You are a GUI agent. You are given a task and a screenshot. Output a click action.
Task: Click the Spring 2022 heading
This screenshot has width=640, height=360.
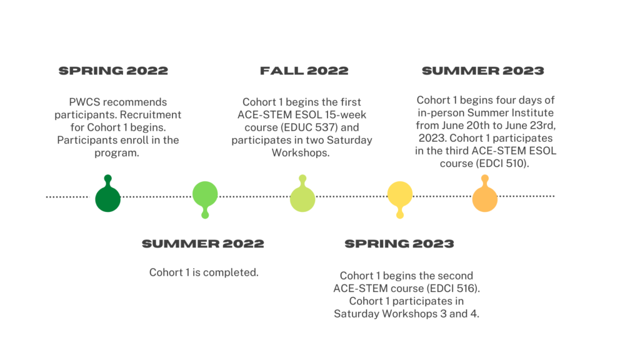click(x=113, y=71)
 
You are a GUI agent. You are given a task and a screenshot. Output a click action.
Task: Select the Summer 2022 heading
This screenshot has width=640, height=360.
click(x=203, y=244)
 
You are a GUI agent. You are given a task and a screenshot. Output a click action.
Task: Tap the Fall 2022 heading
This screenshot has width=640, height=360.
click(x=304, y=71)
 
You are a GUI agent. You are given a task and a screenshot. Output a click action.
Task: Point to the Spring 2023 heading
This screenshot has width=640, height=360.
click(x=399, y=244)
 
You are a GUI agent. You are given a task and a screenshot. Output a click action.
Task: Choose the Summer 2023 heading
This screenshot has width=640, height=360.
click(x=483, y=71)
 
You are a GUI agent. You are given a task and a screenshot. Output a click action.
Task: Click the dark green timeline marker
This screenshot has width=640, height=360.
click(x=107, y=196)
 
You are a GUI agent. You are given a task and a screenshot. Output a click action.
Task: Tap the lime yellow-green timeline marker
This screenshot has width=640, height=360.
click(x=302, y=196)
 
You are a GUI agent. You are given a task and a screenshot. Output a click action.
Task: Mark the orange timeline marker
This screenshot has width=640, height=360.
click(x=485, y=196)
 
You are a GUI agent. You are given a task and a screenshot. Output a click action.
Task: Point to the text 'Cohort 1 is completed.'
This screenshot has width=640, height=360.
click(x=204, y=272)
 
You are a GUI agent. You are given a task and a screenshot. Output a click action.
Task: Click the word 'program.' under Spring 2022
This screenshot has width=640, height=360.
click(x=117, y=153)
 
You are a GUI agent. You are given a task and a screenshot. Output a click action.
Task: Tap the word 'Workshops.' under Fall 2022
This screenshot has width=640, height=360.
click(x=301, y=153)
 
